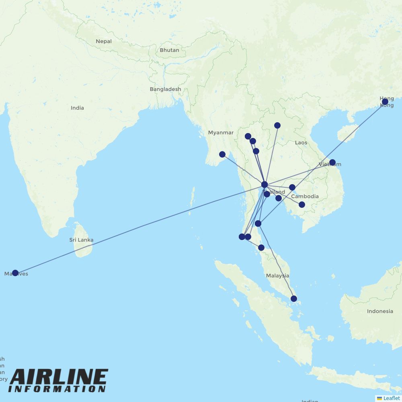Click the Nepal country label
tap(104, 41)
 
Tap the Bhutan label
tap(169, 50)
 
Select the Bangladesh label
tap(165, 89)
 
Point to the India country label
tap(77, 108)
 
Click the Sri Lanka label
tap(81, 240)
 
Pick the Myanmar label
tap(221, 133)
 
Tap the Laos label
tap(301, 143)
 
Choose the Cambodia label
tap(305, 197)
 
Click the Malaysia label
tap(277, 276)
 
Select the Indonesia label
tap(380, 311)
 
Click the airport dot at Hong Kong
tap(385, 102)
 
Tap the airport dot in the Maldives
tap(15, 273)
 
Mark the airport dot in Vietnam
tap(332, 162)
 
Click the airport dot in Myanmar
tap(222, 154)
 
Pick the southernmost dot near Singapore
tap(294, 299)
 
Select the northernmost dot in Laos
tap(277, 125)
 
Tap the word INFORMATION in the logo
tap(57, 389)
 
